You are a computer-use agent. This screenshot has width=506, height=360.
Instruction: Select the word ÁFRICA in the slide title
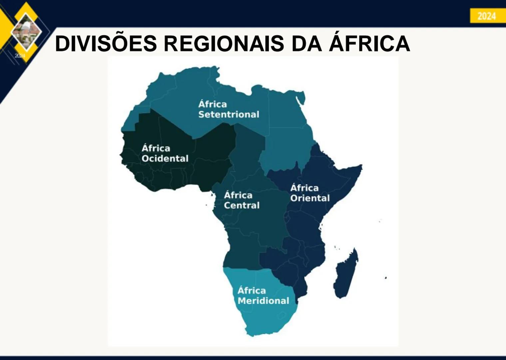pos(369,43)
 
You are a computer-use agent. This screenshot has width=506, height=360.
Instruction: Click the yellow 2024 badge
pos(487,16)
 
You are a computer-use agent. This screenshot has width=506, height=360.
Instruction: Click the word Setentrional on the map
pos(229,114)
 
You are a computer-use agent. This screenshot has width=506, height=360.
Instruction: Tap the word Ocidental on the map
pos(165,158)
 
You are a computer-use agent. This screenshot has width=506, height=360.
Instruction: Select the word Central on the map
pos(242,205)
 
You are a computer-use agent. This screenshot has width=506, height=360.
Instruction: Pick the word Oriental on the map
pos(310,198)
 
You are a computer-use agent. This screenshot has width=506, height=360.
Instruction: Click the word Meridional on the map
pos(263,301)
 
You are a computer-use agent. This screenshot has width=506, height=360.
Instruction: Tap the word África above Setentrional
pos(213,104)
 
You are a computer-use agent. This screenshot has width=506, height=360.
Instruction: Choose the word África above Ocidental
pos(156,148)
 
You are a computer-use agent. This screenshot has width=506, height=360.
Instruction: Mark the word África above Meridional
pos(252,290)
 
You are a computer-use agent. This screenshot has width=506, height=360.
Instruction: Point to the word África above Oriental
pos(304,188)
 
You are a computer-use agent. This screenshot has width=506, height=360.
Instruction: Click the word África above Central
pos(238,195)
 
